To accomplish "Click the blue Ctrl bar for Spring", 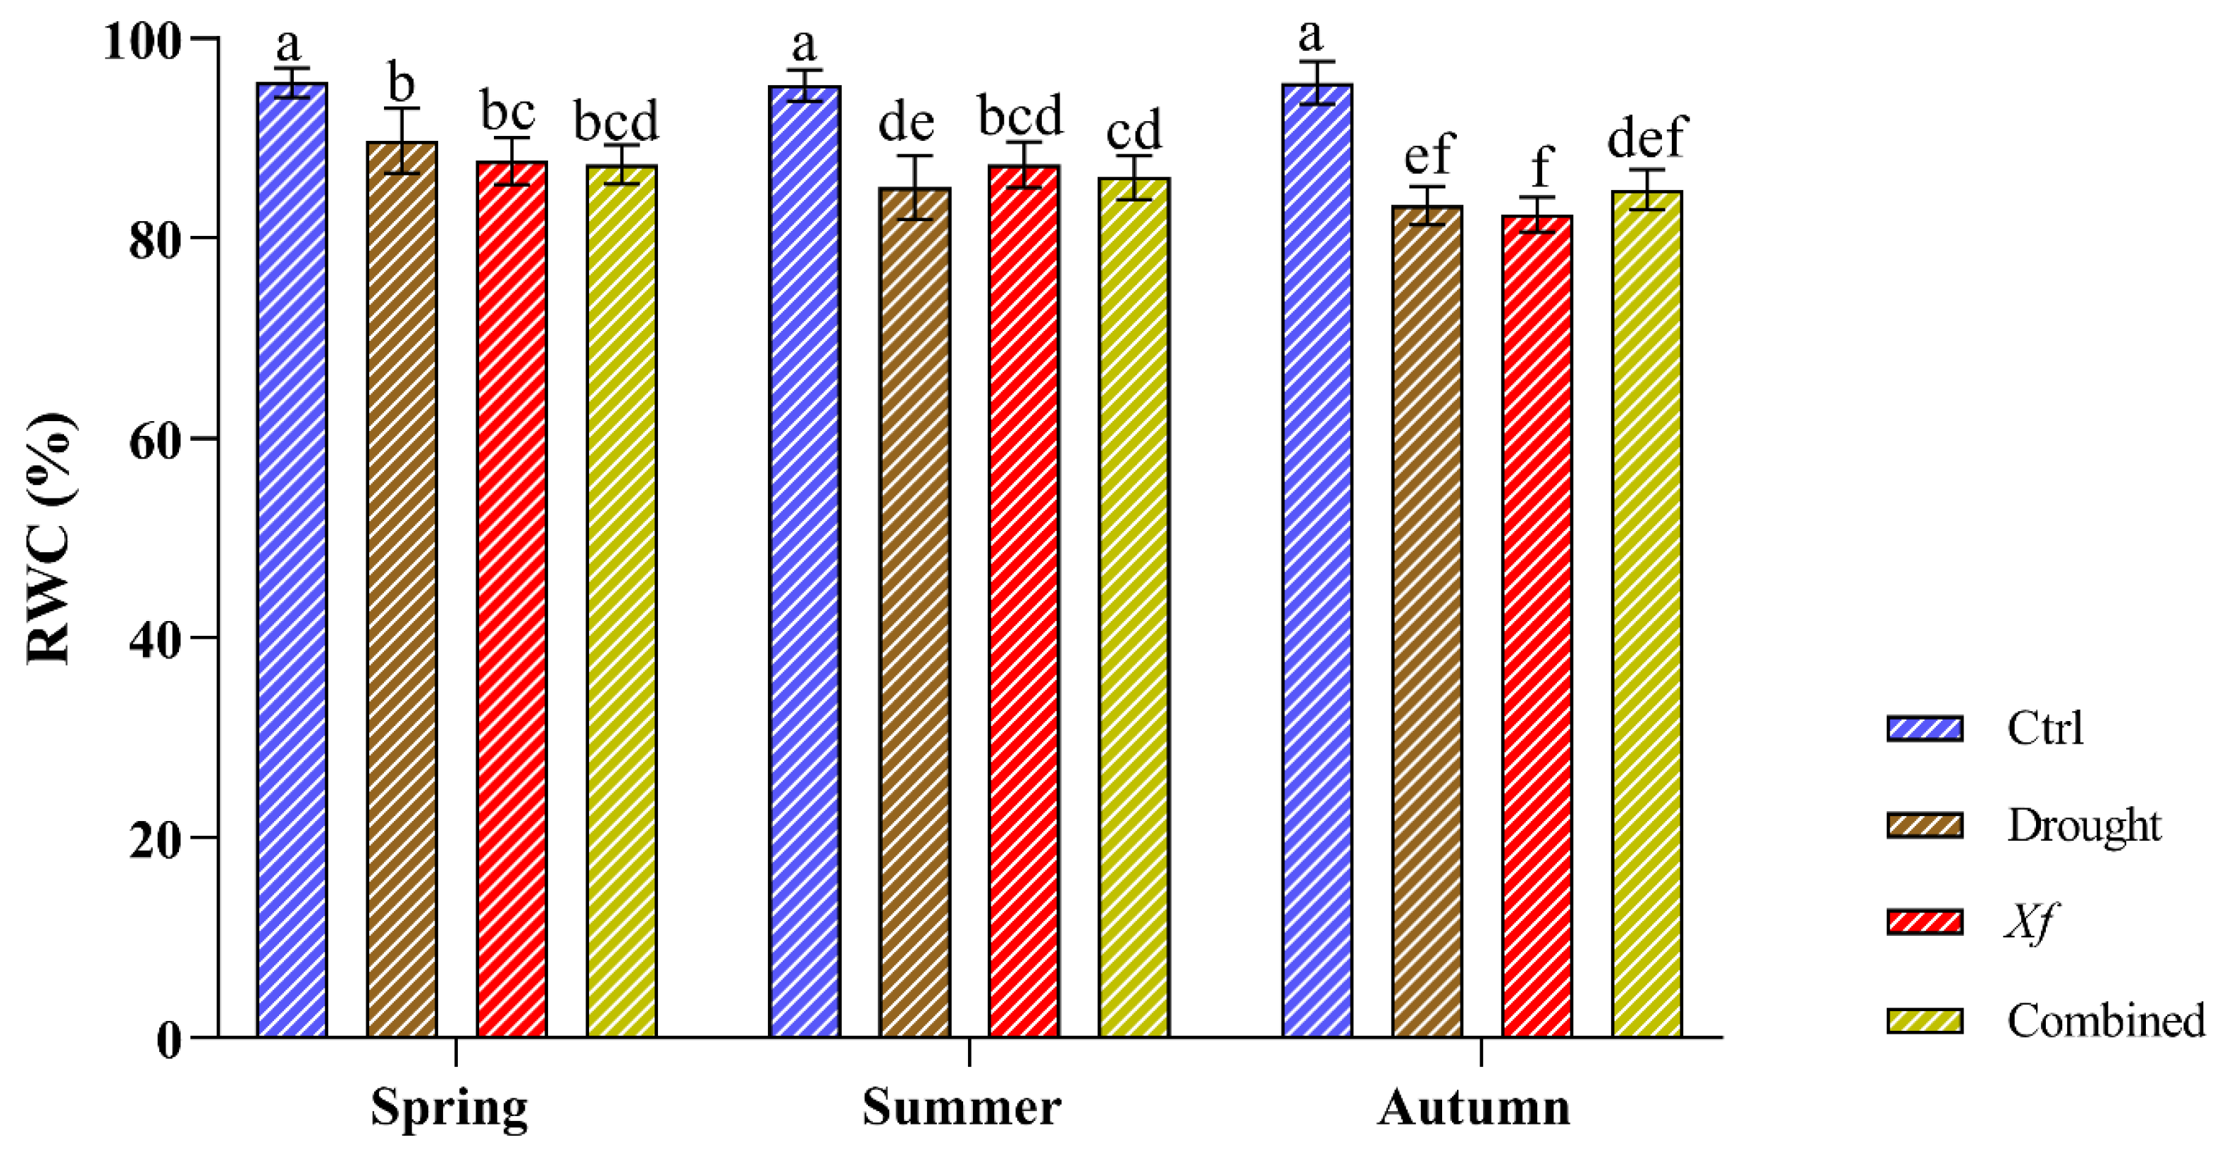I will [x=292, y=561].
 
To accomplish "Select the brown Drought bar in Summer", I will [x=914, y=612].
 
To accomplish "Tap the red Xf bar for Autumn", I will [x=1537, y=625].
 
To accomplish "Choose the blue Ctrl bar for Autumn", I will [x=1317, y=561].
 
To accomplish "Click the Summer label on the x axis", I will [x=961, y=1107].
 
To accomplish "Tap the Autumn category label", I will [x=1473, y=1107].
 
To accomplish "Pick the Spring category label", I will [x=449, y=1107].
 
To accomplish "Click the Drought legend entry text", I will [x=2083, y=825].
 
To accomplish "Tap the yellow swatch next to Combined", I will [x=1925, y=1021].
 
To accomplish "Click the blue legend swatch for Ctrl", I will [x=1925, y=728].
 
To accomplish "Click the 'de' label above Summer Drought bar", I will [x=906, y=123].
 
